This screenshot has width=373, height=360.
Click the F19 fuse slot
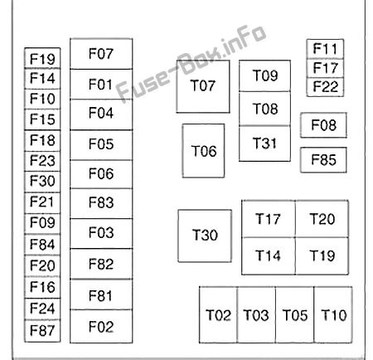click(42, 58)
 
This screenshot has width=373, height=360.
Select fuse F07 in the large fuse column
click(101, 54)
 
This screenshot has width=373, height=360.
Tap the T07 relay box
click(203, 86)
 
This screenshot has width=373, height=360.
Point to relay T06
click(203, 151)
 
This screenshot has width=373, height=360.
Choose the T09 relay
click(264, 75)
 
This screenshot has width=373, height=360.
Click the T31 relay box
click(264, 144)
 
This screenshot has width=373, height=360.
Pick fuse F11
click(325, 49)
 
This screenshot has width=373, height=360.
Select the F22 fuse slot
click(325, 87)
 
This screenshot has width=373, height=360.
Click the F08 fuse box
click(323, 125)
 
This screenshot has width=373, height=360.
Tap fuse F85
click(323, 160)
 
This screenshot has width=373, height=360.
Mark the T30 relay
click(205, 236)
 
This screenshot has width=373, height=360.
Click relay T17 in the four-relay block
click(269, 219)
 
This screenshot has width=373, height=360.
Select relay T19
click(322, 256)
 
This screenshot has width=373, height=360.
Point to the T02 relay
click(218, 315)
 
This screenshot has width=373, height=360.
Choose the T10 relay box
click(333, 315)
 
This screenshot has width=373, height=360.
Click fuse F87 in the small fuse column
click(42, 331)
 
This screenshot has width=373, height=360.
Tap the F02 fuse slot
click(101, 327)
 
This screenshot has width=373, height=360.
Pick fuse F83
click(101, 203)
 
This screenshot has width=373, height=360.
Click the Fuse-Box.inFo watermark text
click(191, 63)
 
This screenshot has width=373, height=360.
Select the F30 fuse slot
click(42, 182)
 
